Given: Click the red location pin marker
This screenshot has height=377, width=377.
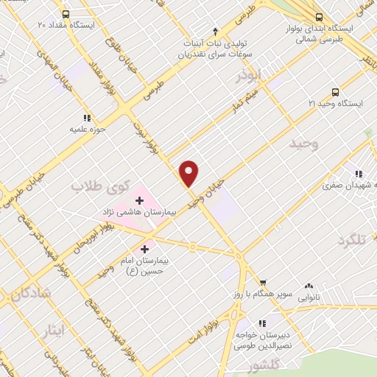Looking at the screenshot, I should [x=189, y=173].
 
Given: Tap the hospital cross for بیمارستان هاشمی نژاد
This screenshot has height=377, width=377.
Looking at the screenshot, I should [x=139, y=200].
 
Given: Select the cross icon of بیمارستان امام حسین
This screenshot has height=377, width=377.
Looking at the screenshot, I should [x=144, y=249].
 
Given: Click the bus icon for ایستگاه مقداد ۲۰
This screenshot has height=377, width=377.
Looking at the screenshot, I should [x=66, y=14].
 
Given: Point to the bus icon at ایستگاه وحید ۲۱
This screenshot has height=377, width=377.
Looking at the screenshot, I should [x=336, y=92].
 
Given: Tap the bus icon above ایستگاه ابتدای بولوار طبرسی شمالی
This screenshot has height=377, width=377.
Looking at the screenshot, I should [x=319, y=16].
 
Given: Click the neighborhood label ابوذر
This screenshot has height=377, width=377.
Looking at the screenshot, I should [x=249, y=75].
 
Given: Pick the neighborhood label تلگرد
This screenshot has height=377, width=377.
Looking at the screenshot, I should [x=352, y=240].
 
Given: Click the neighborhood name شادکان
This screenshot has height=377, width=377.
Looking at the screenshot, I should [x=31, y=292].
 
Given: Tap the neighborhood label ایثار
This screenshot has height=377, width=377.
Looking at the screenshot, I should [x=54, y=331].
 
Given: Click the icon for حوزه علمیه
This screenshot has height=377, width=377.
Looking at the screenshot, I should [x=87, y=118].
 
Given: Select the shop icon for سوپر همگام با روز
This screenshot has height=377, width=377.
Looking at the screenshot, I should [x=263, y=282].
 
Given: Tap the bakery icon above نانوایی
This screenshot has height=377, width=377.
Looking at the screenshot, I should [x=309, y=286].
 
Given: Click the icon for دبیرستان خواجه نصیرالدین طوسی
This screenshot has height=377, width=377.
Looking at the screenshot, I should [x=262, y=323].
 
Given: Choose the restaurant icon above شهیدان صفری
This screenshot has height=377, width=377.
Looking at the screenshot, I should [x=359, y=174].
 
